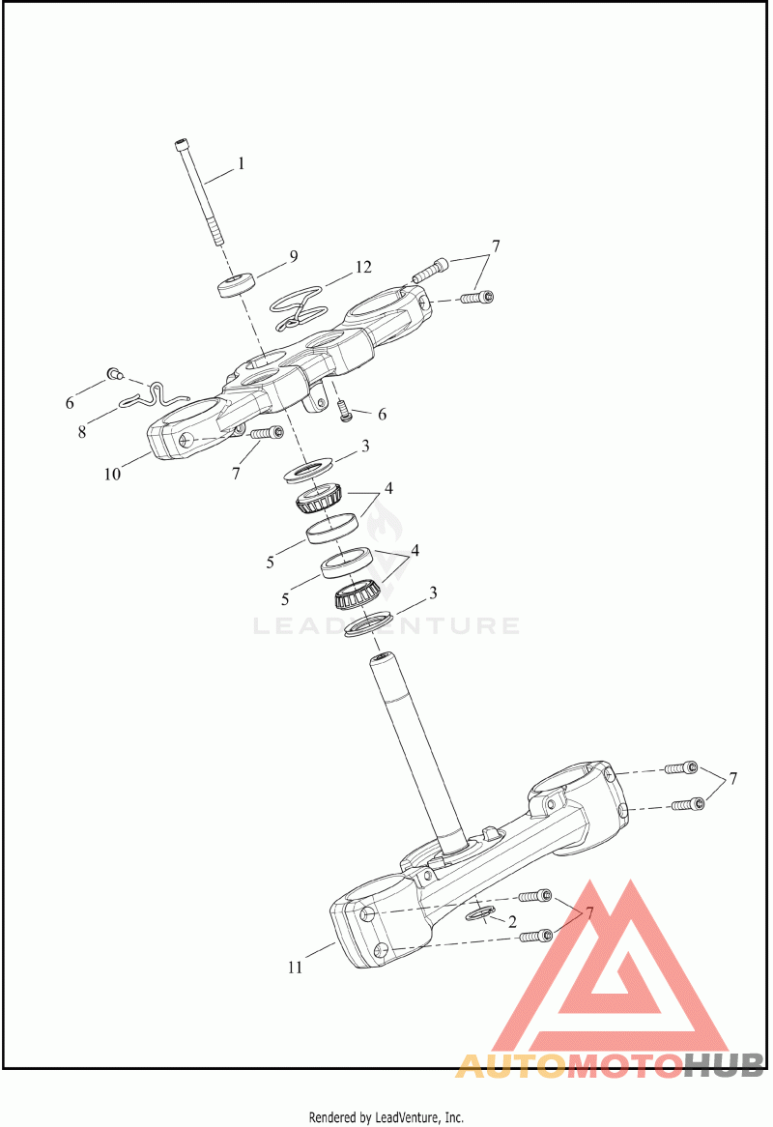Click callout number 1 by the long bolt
(242, 163)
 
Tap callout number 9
(292, 256)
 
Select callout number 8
(82, 431)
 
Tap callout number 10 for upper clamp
(113, 474)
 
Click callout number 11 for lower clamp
(296, 967)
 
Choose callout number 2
(512, 922)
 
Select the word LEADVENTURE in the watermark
(386, 626)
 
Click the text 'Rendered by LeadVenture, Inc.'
(386, 1117)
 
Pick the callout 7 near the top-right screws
(495, 246)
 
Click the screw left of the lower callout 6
(345, 414)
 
